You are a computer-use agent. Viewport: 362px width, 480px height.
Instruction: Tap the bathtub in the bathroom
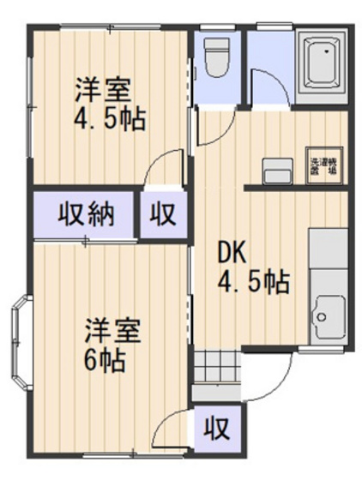[x=323, y=62]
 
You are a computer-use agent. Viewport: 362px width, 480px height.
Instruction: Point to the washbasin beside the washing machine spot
[x=276, y=170]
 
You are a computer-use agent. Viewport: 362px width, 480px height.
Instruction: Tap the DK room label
[x=232, y=253]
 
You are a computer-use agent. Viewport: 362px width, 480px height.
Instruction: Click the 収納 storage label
[x=85, y=214]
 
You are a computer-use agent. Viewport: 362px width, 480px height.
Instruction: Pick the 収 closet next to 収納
[x=162, y=214]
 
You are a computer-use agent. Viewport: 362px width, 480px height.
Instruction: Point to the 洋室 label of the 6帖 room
[x=112, y=330]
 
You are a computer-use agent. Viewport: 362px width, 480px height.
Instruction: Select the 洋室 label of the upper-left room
[x=102, y=88]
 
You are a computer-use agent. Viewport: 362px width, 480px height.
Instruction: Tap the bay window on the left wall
[x=21, y=339]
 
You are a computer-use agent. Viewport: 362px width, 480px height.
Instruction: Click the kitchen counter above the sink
[x=328, y=257]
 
